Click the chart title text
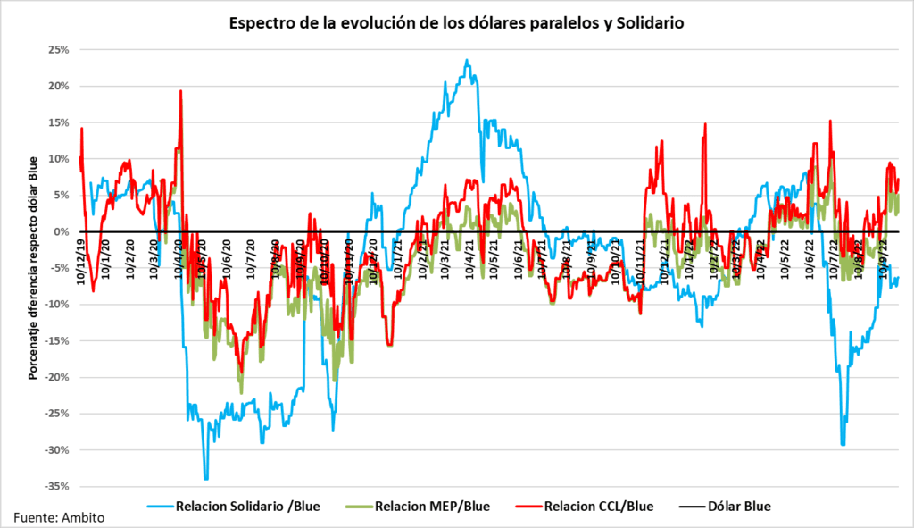[455, 22]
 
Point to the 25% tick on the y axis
[58, 50]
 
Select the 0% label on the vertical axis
[62, 231]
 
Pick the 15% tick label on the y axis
[58, 122]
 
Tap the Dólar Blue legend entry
[738, 506]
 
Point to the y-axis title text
[33, 267]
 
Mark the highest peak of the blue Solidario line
[467, 61]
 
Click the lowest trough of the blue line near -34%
[206, 478]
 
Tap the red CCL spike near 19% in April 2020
[181, 91]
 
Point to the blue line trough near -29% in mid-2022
[843, 444]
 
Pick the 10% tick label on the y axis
[58, 159]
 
